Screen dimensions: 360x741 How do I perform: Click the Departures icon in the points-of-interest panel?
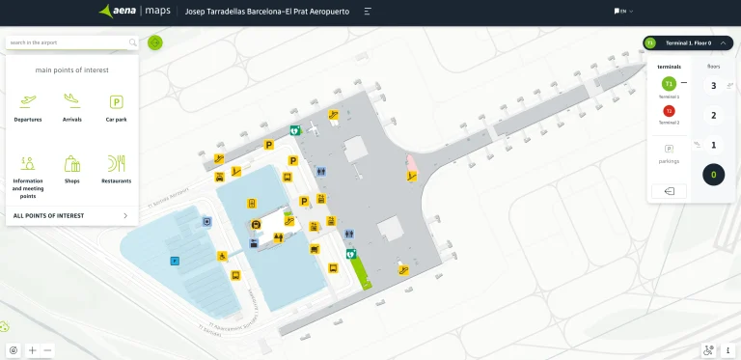[27, 101]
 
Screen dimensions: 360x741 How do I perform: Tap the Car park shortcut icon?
[116, 101]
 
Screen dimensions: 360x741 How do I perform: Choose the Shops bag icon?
[71, 163]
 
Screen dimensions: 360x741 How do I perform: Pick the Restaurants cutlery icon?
[116, 162]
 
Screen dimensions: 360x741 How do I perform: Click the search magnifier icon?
[132, 42]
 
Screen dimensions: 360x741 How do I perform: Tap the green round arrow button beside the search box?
[155, 42]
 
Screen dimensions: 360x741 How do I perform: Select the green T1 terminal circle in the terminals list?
[669, 83]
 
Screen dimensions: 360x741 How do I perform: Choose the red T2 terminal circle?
[669, 111]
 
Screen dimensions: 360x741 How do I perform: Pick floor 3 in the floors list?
[713, 86]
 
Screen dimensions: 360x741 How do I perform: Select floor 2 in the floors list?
[713, 116]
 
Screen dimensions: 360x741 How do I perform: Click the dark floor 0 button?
[713, 175]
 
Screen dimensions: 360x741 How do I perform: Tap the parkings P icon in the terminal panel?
[669, 149]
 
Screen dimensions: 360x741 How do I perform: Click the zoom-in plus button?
[32, 350]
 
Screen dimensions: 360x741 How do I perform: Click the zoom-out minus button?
[47, 350]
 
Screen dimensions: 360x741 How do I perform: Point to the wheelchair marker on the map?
[222, 256]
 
